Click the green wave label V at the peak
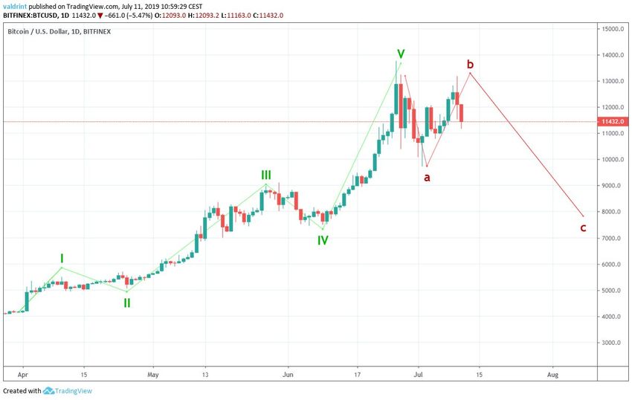coord(401,54)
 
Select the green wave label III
coord(265,175)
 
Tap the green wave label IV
coord(323,240)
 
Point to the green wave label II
coord(127,303)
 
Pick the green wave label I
coord(62,258)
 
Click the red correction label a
coord(427,178)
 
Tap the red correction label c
coord(583,228)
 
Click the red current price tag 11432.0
coord(612,122)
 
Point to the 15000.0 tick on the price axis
coord(612,29)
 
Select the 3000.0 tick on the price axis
coord(612,343)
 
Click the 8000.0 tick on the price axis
coord(612,212)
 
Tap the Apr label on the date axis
coord(22,375)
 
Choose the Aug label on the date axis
coord(552,375)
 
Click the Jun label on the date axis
coord(288,375)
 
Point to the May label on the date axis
coord(154,375)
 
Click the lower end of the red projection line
coord(584,216)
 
